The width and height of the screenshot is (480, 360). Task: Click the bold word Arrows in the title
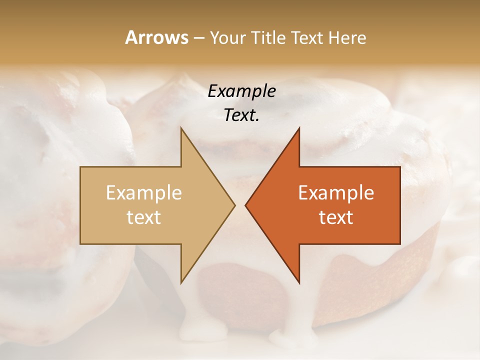click(156, 37)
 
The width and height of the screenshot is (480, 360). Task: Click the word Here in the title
click(348, 38)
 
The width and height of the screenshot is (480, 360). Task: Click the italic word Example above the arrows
click(241, 91)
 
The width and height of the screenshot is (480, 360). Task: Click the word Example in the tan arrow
click(144, 193)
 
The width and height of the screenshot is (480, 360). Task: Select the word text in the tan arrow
click(144, 217)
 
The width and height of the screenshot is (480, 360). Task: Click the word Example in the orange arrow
click(336, 193)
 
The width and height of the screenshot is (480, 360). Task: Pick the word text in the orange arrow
click(336, 217)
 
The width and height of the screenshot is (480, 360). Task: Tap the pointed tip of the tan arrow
click(234, 205)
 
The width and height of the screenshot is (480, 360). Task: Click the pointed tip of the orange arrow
click(246, 205)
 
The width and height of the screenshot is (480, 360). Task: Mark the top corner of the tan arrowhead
click(181, 128)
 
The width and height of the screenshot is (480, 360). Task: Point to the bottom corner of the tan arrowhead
click(181, 282)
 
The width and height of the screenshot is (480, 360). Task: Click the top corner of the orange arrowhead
click(299, 128)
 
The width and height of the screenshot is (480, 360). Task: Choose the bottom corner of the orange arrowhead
click(299, 283)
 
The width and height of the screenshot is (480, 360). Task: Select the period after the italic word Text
click(257, 120)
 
